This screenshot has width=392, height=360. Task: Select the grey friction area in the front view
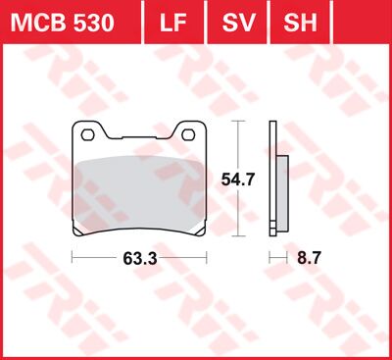pos(141,191)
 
